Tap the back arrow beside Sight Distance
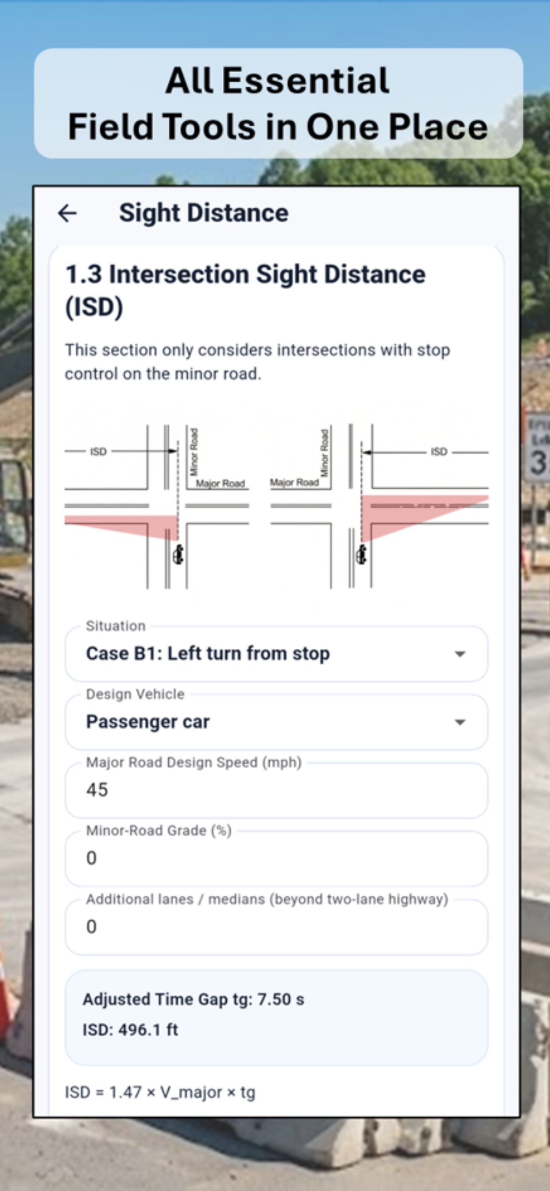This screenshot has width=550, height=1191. [67, 213]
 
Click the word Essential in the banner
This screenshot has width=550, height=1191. [306, 81]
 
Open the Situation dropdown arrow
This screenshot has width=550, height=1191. [459, 654]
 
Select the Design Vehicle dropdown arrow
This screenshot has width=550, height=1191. [459, 722]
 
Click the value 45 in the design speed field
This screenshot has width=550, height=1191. [97, 790]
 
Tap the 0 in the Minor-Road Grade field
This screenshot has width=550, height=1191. [92, 858]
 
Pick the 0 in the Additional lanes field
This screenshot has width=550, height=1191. [92, 926]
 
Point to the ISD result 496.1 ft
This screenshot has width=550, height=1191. [148, 1030]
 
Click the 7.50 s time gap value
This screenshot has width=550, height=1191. [281, 1000]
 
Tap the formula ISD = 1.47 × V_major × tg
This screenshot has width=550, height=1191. [160, 1093]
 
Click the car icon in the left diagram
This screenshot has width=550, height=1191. [178, 554]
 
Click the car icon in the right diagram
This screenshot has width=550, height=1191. [361, 554]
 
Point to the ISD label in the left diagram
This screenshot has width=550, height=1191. [98, 451]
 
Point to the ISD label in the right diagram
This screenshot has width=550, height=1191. [438, 451]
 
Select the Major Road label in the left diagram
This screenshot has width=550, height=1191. [220, 483]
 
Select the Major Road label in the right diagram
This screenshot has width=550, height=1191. [294, 483]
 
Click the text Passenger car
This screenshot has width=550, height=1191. [148, 722]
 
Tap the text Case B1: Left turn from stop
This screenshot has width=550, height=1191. [208, 654]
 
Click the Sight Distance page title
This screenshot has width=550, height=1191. [204, 213]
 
